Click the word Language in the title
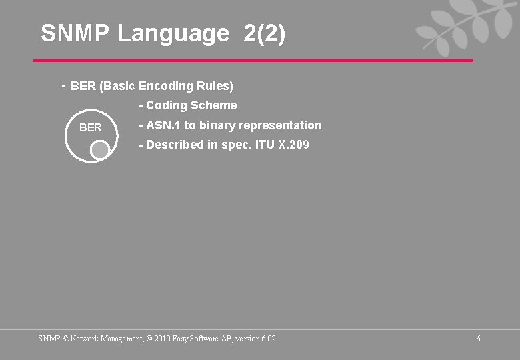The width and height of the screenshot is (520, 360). point(173,33)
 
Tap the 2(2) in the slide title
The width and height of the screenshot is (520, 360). point(265,33)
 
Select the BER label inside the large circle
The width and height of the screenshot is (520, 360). point(91,127)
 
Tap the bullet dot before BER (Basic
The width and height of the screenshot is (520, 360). point(62,87)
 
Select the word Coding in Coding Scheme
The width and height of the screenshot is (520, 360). point(167,105)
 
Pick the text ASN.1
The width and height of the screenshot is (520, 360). point(163,125)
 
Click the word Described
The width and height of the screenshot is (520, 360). point(175,145)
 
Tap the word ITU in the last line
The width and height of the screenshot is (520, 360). point(265,145)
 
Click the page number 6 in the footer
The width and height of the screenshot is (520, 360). point(478,339)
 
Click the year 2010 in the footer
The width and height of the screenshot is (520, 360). point(162,339)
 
